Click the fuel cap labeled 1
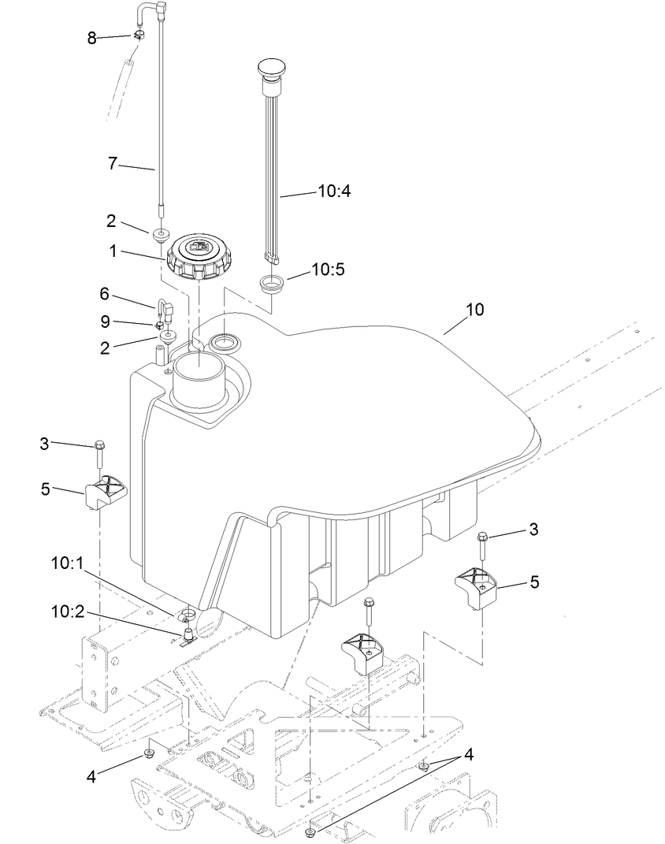(x=194, y=256)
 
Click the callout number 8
(x=92, y=38)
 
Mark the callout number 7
(x=112, y=164)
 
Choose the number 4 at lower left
(x=92, y=777)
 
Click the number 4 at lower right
(x=470, y=753)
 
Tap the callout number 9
(x=104, y=322)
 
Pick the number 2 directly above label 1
(x=112, y=221)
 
